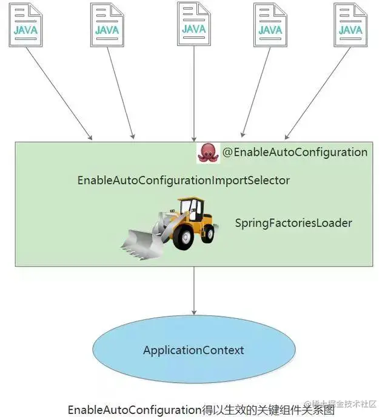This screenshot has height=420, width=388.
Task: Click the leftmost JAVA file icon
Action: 26,24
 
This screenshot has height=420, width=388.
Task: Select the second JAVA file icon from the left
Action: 107,24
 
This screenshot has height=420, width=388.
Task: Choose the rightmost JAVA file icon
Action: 351,24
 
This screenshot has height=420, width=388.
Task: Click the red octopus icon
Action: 208,153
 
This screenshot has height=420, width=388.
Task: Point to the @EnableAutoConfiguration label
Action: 295,152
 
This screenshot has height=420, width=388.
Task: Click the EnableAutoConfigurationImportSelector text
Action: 183,181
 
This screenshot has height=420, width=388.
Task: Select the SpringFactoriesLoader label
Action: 293,223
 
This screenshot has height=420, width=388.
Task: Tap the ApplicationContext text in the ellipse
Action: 193,350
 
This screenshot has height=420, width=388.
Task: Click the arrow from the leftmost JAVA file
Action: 59,91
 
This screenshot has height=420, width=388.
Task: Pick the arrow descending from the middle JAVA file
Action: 194,91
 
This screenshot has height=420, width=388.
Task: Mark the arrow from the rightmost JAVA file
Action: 318,91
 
